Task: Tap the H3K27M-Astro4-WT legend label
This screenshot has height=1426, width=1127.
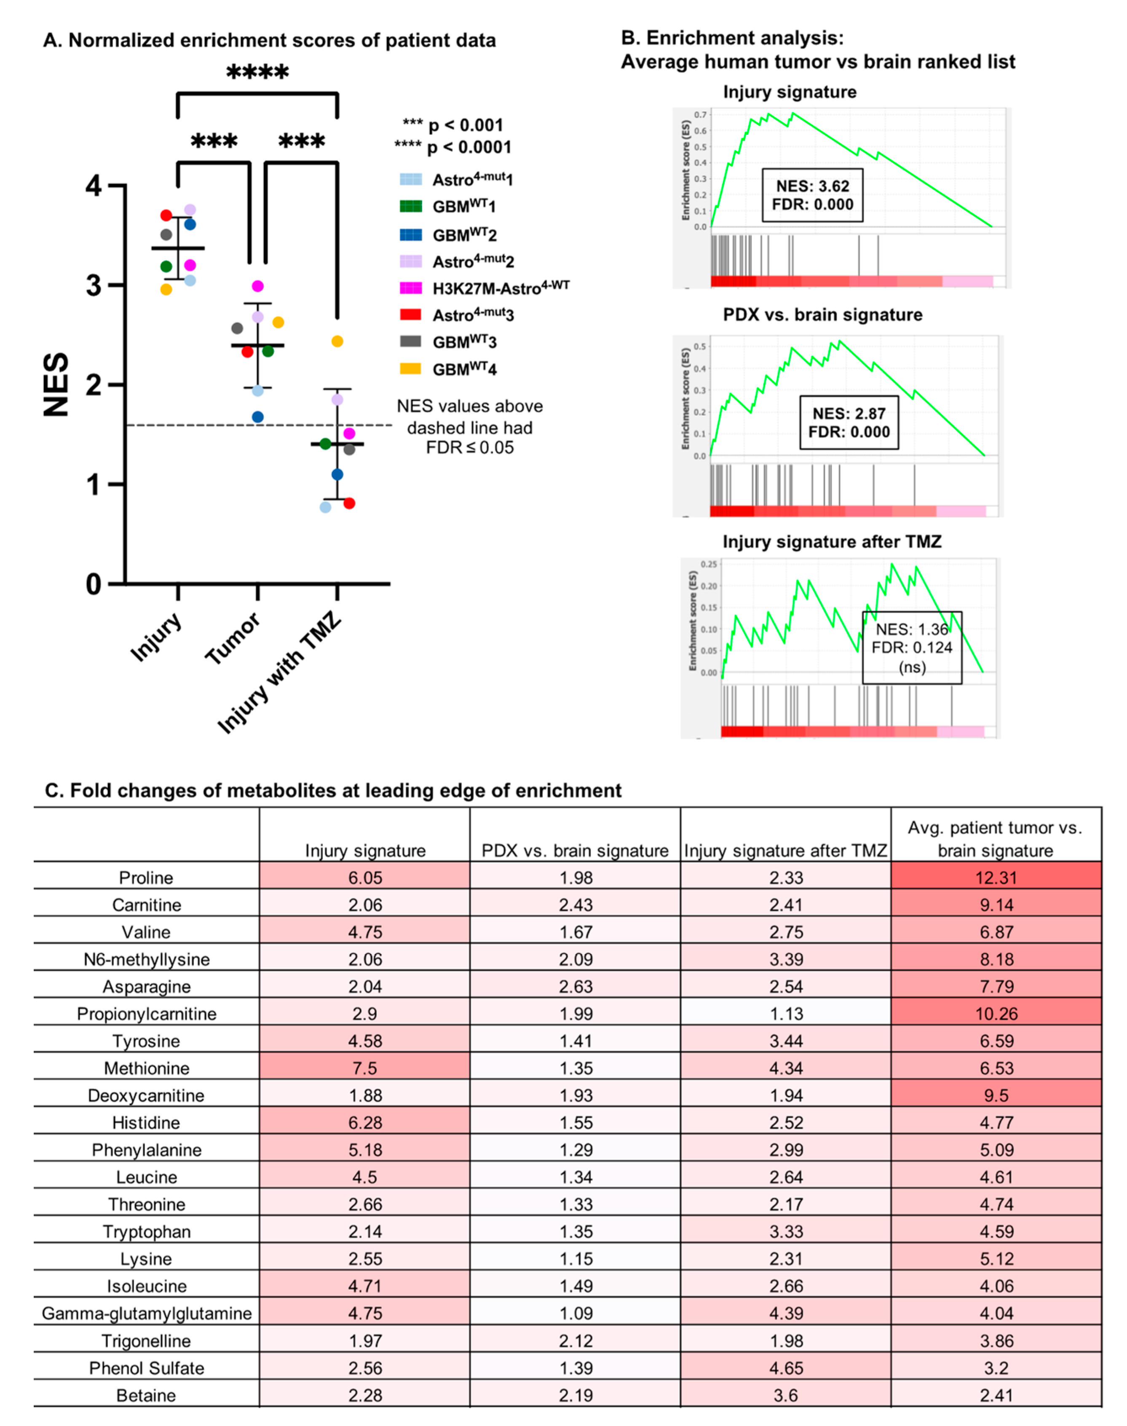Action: tap(500, 288)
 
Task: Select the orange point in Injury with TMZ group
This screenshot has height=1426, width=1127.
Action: tap(337, 341)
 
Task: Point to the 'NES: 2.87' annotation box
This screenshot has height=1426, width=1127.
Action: tap(849, 422)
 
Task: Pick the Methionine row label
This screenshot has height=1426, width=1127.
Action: tap(147, 1068)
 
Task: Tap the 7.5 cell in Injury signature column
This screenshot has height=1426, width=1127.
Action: tap(365, 1068)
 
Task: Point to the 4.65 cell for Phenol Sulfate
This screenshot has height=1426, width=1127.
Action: tap(785, 1368)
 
